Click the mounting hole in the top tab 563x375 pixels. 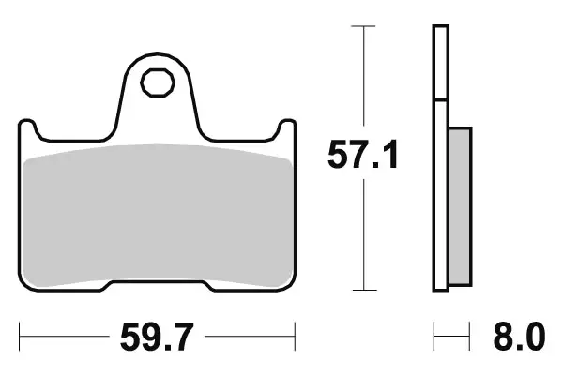tap(157, 82)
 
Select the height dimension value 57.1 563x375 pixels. tap(362, 154)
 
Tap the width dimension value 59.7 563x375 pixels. tap(157, 335)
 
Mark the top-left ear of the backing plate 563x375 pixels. tap(28, 128)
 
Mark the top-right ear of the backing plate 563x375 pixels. tap(285, 128)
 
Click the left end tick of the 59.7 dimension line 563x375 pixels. tap(20, 335)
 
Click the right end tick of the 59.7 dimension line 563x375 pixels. tap(295, 335)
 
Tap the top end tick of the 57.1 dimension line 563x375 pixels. tap(362, 27)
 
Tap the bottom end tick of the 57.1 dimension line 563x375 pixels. tap(362, 291)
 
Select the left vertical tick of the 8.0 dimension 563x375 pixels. tap(434, 335)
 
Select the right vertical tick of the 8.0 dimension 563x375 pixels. tap(469, 335)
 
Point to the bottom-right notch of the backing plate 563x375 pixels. tap(205, 285)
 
